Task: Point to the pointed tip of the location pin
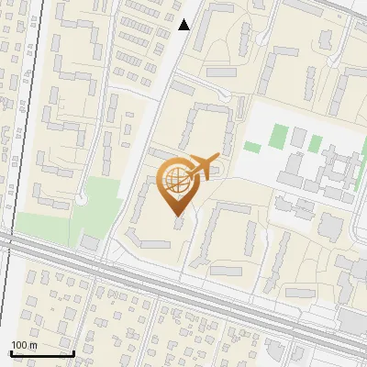(x=176, y=215)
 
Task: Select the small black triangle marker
(x=184, y=25)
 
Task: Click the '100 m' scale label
(x=25, y=345)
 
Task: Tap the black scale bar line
(x=41, y=353)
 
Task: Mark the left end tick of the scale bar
(x=10, y=351)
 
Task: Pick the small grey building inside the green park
(x=90, y=241)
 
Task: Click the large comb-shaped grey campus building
(x=335, y=170)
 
